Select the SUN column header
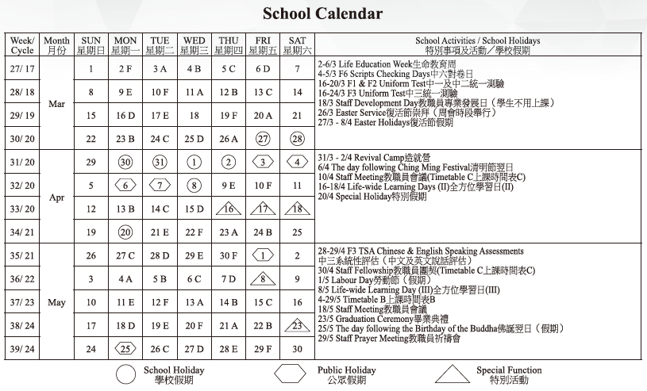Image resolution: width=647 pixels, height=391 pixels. pyautogui.click(x=91, y=45)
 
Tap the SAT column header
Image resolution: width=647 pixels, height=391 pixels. pyautogui.click(x=297, y=45)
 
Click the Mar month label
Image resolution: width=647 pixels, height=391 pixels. pyautogui.click(x=56, y=104)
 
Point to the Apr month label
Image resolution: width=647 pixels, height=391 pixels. pyautogui.click(x=56, y=197)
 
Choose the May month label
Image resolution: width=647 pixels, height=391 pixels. pyautogui.click(x=56, y=302)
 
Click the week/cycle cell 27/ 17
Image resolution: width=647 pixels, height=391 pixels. pyautogui.click(x=22, y=69)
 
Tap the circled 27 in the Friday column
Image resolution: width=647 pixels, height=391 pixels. pyautogui.click(x=263, y=139)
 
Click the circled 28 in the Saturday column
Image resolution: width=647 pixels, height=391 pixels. pyautogui.click(x=297, y=139)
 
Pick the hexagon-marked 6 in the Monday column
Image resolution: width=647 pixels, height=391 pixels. pyautogui.click(x=125, y=186)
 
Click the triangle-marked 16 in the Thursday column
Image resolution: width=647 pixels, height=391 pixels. pyautogui.click(x=229, y=209)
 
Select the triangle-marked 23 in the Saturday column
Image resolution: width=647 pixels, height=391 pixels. pyautogui.click(x=297, y=326)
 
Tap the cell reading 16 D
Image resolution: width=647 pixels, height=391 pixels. pyautogui.click(x=125, y=116)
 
